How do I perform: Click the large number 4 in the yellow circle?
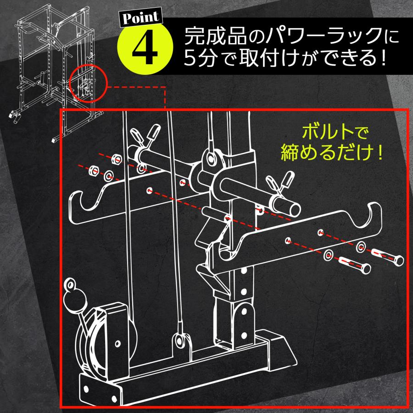(x=145, y=47)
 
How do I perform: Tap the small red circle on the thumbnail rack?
(x=88, y=83)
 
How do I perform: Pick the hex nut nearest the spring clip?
(x=117, y=159)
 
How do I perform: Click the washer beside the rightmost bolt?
(x=362, y=246)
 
